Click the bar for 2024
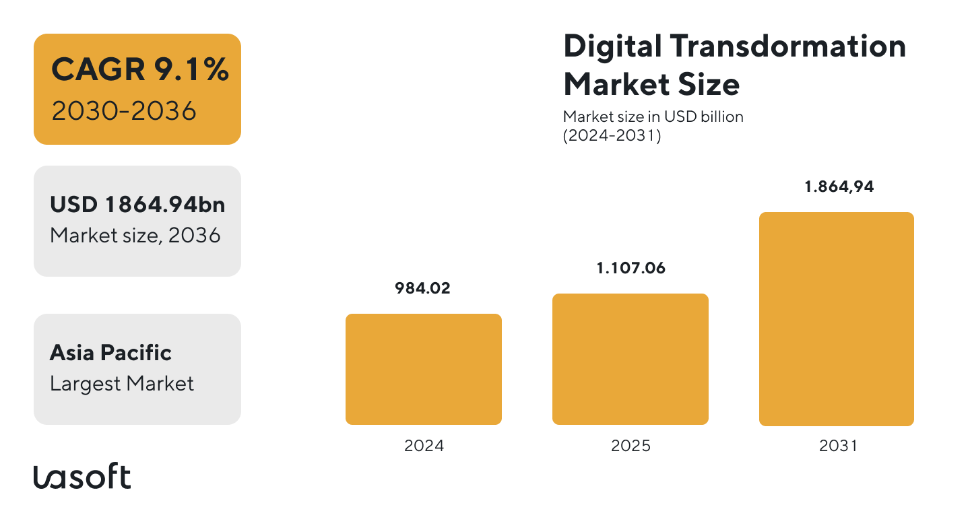click(x=423, y=369)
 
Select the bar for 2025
click(x=630, y=359)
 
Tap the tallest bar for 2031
click(x=836, y=319)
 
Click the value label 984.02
click(x=423, y=289)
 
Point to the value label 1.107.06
click(x=630, y=269)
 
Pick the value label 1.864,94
click(x=839, y=187)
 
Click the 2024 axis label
click(x=424, y=446)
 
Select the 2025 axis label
click(x=630, y=446)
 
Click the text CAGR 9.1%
click(x=139, y=70)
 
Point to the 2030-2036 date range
click(x=124, y=110)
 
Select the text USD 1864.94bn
click(x=137, y=205)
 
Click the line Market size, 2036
click(x=135, y=235)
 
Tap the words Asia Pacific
click(x=110, y=353)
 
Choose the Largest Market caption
click(x=122, y=384)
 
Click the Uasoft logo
click(x=82, y=477)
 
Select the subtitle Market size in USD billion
click(x=653, y=116)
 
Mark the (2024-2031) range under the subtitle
click(x=612, y=135)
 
